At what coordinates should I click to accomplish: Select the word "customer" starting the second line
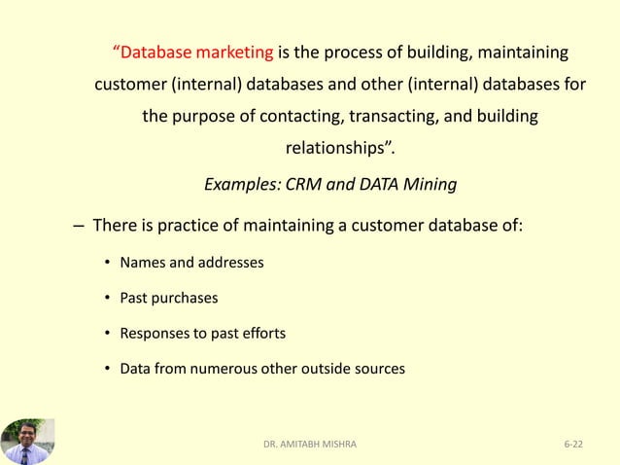[129, 84]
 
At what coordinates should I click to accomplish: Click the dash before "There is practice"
[78, 227]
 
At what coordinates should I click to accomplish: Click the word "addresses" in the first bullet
[230, 263]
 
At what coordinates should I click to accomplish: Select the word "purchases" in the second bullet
[186, 298]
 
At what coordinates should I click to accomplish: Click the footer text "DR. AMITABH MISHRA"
[310, 444]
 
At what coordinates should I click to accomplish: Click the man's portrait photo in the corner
[27, 441]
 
